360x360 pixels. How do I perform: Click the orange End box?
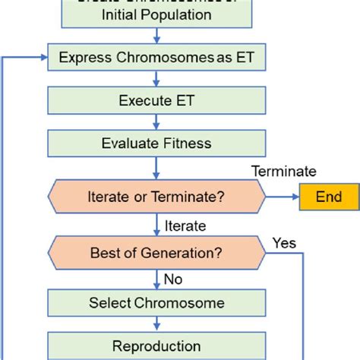pos(329,197)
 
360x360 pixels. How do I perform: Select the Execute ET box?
pos(156,100)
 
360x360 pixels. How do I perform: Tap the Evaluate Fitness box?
pos(156,143)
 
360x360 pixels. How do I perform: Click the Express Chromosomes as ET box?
pos(156,57)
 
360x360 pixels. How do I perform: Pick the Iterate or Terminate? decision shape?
pos(156,197)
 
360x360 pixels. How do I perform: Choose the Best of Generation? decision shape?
pos(156,252)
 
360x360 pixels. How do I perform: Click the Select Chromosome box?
pos(156,303)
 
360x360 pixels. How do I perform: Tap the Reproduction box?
pos(156,346)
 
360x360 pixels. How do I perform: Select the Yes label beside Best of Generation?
pos(283,243)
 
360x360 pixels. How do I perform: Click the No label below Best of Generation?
pos(173,279)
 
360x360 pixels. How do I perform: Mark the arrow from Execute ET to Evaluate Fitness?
pos(156,122)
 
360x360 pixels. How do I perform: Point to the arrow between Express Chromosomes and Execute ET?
pos(156,78)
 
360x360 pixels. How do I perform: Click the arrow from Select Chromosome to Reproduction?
pos(156,324)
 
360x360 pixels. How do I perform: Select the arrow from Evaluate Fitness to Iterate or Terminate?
pos(156,168)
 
